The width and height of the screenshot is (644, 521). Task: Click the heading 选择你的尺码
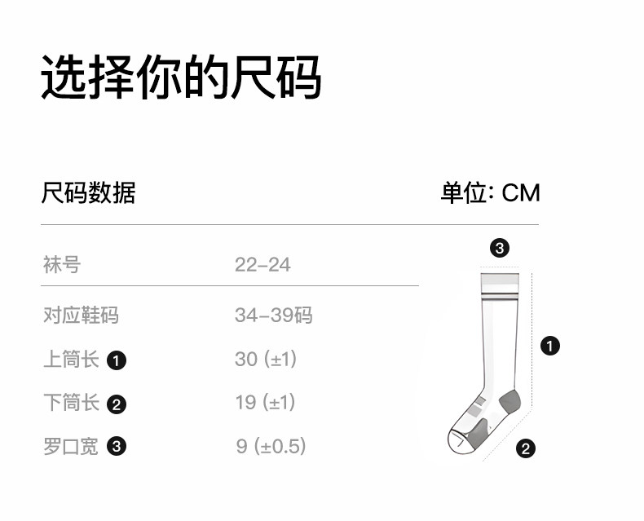[181, 77]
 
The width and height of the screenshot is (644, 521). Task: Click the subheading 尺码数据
[88, 193]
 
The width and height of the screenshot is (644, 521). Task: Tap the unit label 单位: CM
[490, 193]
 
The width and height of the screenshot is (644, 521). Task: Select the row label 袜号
[62, 265]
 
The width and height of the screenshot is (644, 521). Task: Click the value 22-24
[262, 265]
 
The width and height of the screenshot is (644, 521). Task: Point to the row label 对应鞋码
[81, 316]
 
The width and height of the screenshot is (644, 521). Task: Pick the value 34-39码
[273, 316]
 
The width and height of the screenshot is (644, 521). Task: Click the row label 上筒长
[71, 360]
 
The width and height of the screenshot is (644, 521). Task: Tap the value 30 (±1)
[266, 360]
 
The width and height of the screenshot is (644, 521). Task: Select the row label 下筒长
[71, 403]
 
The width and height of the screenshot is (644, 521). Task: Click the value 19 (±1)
[265, 403]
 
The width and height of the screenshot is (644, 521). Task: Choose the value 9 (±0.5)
[271, 447]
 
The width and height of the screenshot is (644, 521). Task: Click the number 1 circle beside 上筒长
[117, 360]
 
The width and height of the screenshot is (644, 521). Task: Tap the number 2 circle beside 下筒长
[117, 404]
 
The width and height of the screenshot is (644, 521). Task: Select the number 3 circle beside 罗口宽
[117, 447]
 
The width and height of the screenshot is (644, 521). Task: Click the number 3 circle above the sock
[499, 249]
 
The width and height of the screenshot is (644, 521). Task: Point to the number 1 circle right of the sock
[551, 346]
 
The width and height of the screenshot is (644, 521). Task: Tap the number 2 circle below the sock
[526, 448]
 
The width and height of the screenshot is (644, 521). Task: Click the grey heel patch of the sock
[508, 400]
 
